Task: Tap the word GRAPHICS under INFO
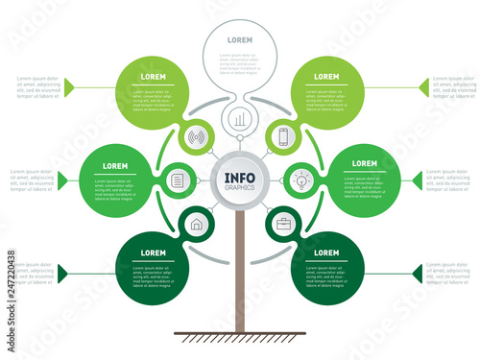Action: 239,189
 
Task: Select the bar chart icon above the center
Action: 239,120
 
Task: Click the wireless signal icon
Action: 197,136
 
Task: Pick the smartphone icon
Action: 283,136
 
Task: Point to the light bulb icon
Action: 300,179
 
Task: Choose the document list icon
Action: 178,180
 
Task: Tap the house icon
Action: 197,225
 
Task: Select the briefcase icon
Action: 283,225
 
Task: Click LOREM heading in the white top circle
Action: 239,41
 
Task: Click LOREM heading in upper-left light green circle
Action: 153,76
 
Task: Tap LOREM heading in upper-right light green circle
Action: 326,76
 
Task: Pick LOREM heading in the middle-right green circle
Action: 364,164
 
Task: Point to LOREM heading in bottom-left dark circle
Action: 153,252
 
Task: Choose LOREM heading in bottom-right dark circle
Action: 326,252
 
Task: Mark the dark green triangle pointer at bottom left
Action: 63,274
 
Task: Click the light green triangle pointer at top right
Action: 423,87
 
